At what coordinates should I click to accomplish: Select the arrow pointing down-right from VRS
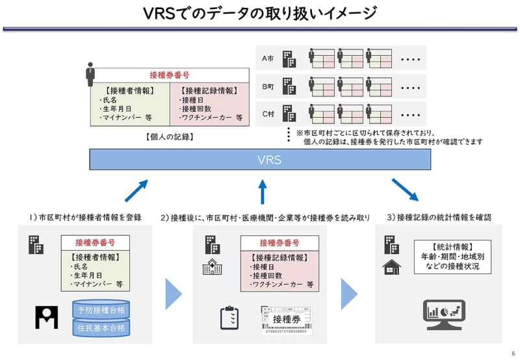coord(404,190)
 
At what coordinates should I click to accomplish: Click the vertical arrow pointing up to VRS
coord(263,192)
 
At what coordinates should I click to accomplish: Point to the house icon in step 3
coord(392,266)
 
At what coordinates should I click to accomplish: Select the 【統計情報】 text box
coord(454,256)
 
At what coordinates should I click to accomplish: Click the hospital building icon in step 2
coord(211,267)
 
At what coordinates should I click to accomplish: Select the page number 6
coord(512,353)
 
